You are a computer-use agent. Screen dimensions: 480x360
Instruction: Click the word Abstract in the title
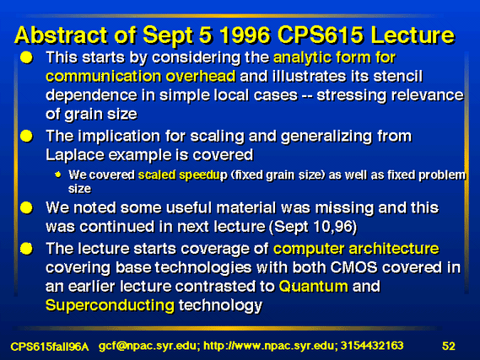click(61, 35)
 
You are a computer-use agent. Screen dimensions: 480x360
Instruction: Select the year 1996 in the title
click(245, 35)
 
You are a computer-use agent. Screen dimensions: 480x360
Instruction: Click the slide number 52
click(449, 346)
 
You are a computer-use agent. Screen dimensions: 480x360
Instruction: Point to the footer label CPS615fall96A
click(50, 347)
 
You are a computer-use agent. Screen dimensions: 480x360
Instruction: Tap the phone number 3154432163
click(372, 346)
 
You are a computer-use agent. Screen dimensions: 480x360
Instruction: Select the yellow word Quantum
click(313, 287)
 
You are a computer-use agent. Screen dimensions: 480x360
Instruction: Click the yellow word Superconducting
click(110, 305)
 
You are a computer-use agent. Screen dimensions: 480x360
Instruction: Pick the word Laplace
click(75, 155)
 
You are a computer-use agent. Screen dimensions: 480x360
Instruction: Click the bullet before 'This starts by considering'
click(27, 57)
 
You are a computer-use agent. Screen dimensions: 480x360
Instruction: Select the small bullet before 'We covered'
click(58, 175)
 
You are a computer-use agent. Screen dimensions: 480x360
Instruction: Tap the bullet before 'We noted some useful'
click(27, 208)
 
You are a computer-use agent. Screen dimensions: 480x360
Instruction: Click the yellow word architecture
click(394, 249)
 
